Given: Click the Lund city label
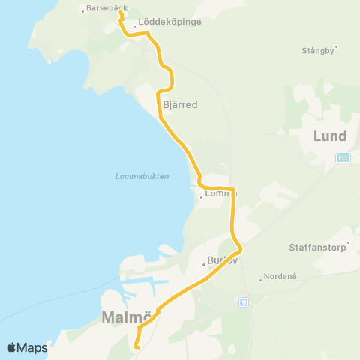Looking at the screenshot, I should (330, 136).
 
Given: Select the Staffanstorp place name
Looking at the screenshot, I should (318, 247).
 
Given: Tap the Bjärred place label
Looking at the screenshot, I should (180, 105).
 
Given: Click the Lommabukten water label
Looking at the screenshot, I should (142, 176).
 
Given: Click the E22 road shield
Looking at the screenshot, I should (343, 157).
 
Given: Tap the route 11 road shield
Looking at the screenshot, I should (244, 301).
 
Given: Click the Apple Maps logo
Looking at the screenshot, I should (27, 347).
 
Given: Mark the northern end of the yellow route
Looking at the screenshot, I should (120, 12).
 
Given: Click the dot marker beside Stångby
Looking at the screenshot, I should (337, 46).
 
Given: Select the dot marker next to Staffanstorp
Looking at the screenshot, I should (346, 253).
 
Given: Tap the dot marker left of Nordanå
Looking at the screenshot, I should (260, 280).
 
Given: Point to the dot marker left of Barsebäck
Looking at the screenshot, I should (83, 11).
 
